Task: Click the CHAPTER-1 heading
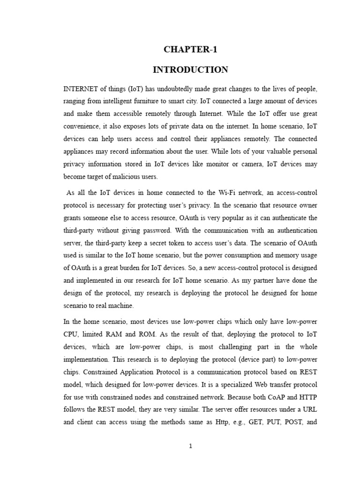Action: pos(190,49)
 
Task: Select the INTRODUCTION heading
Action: pos(190,70)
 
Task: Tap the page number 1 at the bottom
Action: pos(190,446)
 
